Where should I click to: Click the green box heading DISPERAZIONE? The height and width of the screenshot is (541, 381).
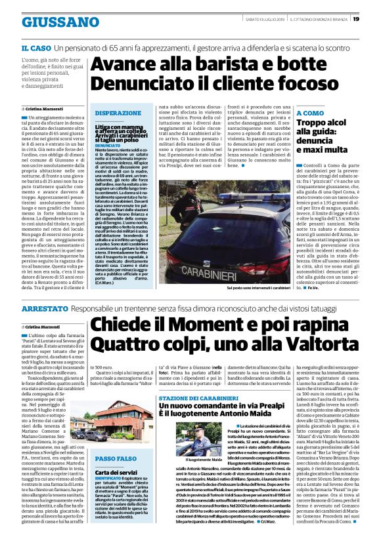click(118, 113)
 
